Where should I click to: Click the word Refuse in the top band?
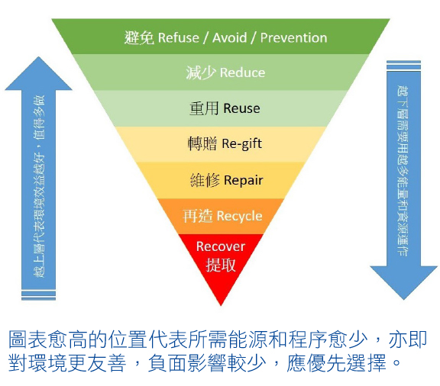[179, 37]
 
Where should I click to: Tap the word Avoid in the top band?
[229, 37]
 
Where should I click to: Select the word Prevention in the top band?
[293, 37]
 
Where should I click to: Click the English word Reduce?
[242, 72]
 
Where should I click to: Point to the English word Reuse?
[241, 108]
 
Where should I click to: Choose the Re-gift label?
[242, 144]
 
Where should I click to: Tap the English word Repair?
[244, 180]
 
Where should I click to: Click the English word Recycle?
[239, 217]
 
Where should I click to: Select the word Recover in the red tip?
[221, 246]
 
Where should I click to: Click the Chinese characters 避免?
[139, 37]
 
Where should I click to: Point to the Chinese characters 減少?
[201, 72]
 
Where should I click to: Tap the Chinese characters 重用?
[204, 108]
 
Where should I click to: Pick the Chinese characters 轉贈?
[202, 144]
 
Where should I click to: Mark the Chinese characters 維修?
[205, 180]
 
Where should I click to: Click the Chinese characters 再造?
[198, 216]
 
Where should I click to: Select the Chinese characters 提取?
[221, 265]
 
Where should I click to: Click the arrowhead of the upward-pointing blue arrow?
[38, 73]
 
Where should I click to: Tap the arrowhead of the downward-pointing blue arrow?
[403, 282]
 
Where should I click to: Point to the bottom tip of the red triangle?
[221, 306]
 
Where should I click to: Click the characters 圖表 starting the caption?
[27, 339]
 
